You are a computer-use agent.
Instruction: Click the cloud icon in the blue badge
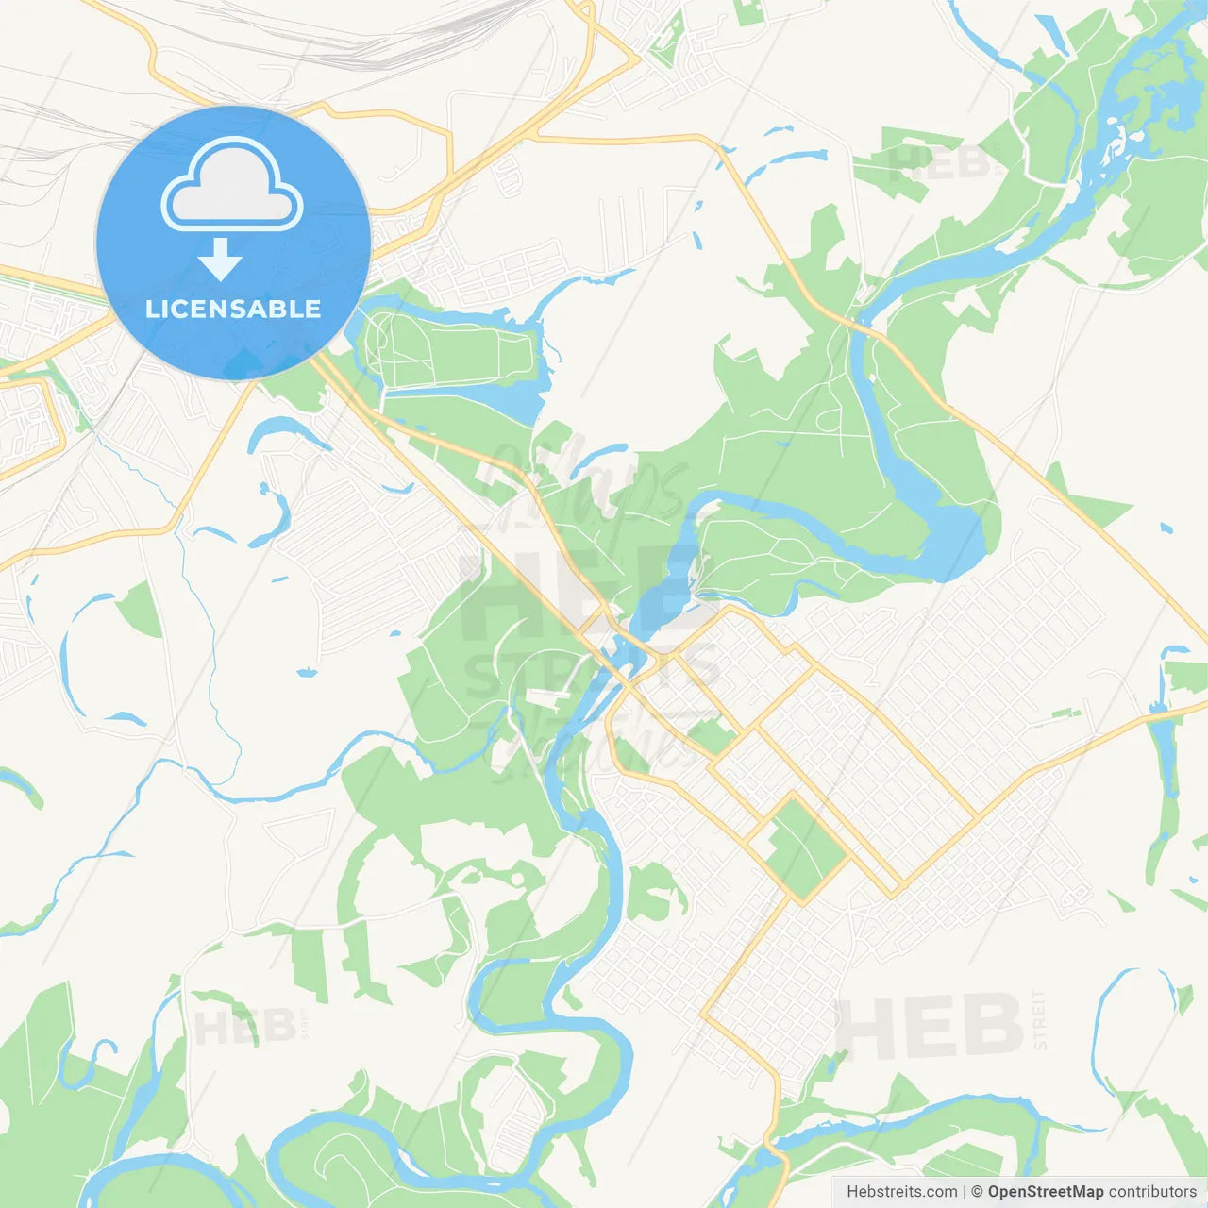tap(232, 185)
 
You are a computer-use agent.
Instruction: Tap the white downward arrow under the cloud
tap(220, 260)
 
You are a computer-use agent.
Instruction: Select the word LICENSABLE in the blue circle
tap(233, 309)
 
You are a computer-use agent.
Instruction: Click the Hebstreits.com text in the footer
tap(901, 1192)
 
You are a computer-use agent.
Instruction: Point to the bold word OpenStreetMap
tap(1045, 1192)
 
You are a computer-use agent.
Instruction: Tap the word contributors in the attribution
tap(1152, 1192)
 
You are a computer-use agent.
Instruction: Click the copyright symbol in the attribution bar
tap(978, 1192)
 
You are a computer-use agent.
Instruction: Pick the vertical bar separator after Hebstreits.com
tap(965, 1192)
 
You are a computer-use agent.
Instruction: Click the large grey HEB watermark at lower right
tap(930, 1026)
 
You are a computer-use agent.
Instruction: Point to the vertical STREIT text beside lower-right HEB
tap(1040, 1019)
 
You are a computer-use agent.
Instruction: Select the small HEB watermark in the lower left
tap(244, 1027)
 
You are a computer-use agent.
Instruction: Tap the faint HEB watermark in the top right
tap(939, 162)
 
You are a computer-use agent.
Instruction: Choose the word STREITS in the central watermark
tap(590, 672)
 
